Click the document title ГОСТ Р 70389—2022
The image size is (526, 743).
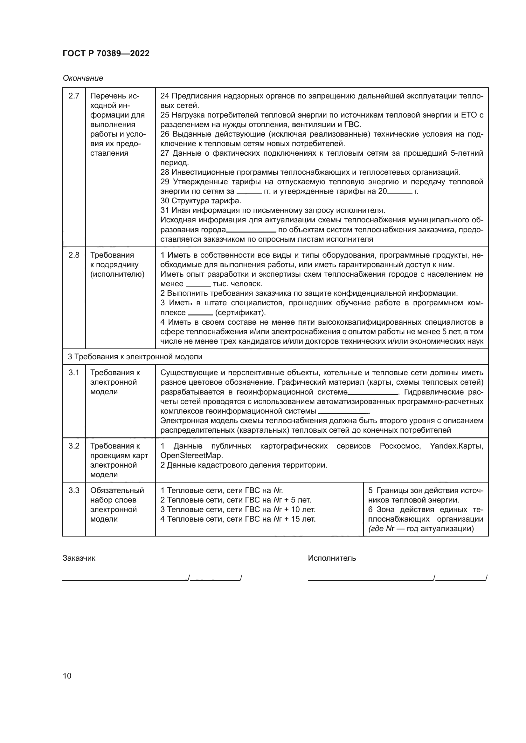[x=106, y=53]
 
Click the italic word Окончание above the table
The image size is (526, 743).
[x=83, y=78]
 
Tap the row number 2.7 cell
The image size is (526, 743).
[x=74, y=96]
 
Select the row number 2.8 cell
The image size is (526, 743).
[x=74, y=255]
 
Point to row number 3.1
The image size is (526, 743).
[x=74, y=373]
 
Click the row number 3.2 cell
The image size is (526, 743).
[x=74, y=446]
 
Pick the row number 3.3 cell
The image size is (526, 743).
[x=74, y=490]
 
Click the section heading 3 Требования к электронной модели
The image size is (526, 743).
[x=135, y=357]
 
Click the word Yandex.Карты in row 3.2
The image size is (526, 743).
[x=456, y=446]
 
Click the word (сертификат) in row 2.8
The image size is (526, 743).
[x=240, y=313]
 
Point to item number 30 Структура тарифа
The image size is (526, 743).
[x=200, y=201]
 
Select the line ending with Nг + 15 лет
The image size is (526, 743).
[x=238, y=519]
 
